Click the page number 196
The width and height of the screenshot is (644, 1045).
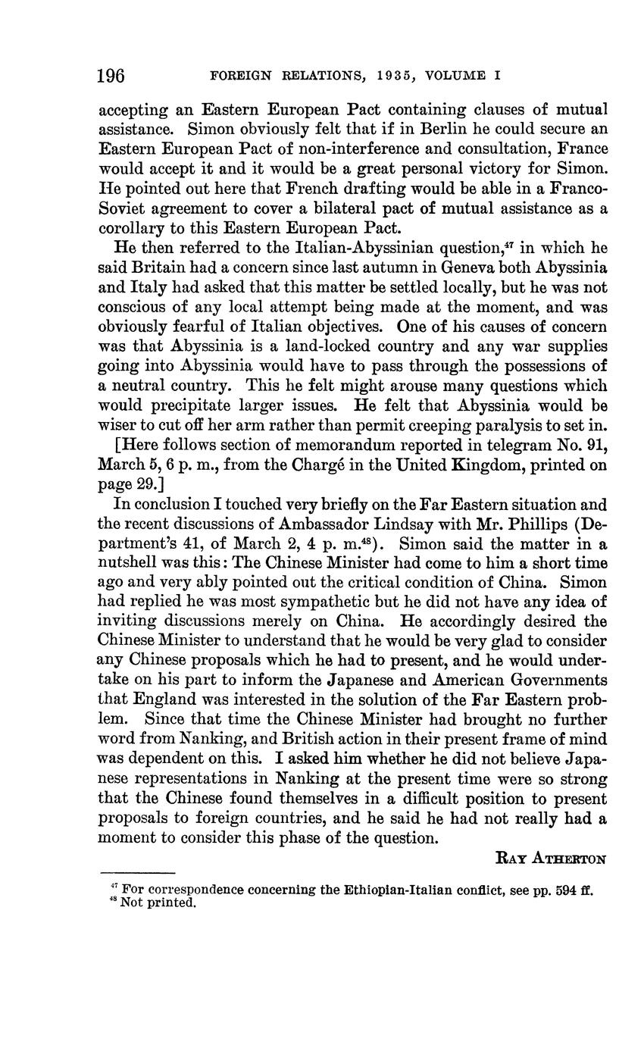click(x=111, y=76)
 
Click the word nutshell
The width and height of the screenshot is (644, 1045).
click(x=135, y=562)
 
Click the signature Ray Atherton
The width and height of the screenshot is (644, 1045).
click(x=551, y=859)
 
